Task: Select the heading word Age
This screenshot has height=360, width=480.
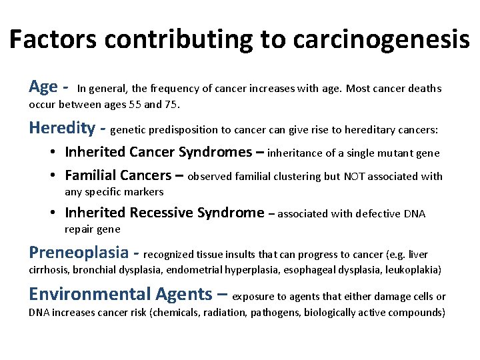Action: (x=43, y=87)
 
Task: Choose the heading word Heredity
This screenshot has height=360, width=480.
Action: (x=63, y=127)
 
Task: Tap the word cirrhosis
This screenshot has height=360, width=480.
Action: (x=49, y=270)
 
